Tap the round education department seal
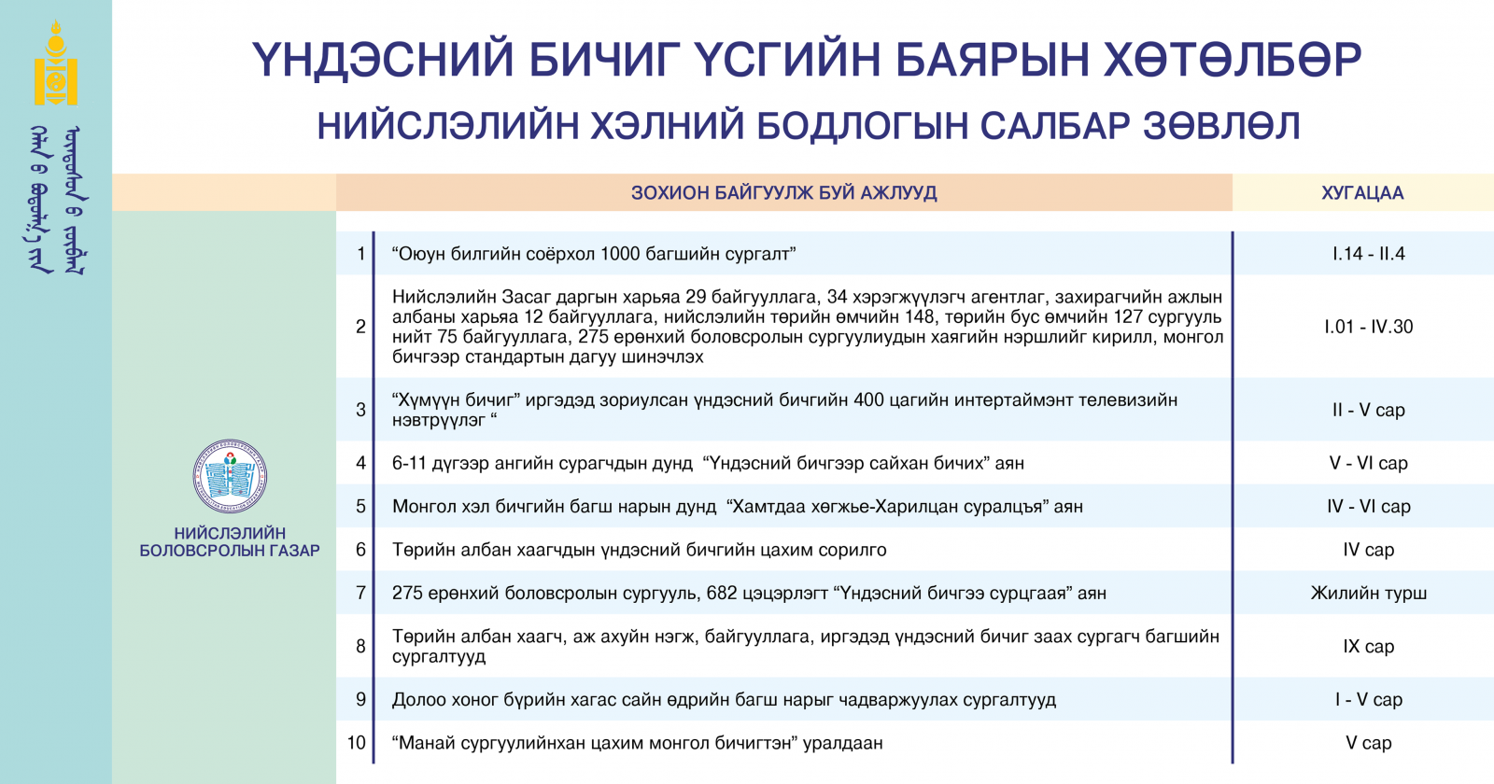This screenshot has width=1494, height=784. pos(230,476)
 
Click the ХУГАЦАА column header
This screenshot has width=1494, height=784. pos(1362,193)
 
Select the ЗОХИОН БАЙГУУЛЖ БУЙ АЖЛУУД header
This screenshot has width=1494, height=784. pos(783,193)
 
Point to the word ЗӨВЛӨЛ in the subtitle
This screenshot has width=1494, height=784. pos(1222,126)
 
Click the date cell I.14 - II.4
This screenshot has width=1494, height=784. pos(1369,253)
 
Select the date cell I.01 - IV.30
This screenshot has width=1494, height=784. pos(1369,327)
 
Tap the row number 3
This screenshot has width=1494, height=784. pos(360,410)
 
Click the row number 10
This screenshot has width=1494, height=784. pos(357,743)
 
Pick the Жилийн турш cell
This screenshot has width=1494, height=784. pos(1369,593)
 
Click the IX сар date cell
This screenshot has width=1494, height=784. pos(1369,646)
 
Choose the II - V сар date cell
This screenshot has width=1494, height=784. pos(1369,410)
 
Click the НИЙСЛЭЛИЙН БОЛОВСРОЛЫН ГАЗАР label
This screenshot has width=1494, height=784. pos(230,542)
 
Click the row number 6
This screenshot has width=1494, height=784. pos(360,550)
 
